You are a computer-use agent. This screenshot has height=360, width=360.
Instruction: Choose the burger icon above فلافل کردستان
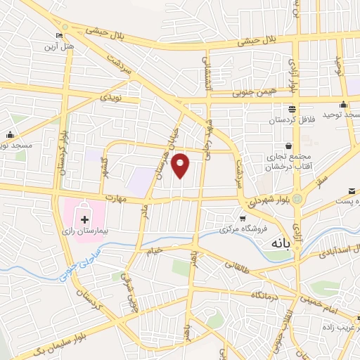(x=291, y=109)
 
